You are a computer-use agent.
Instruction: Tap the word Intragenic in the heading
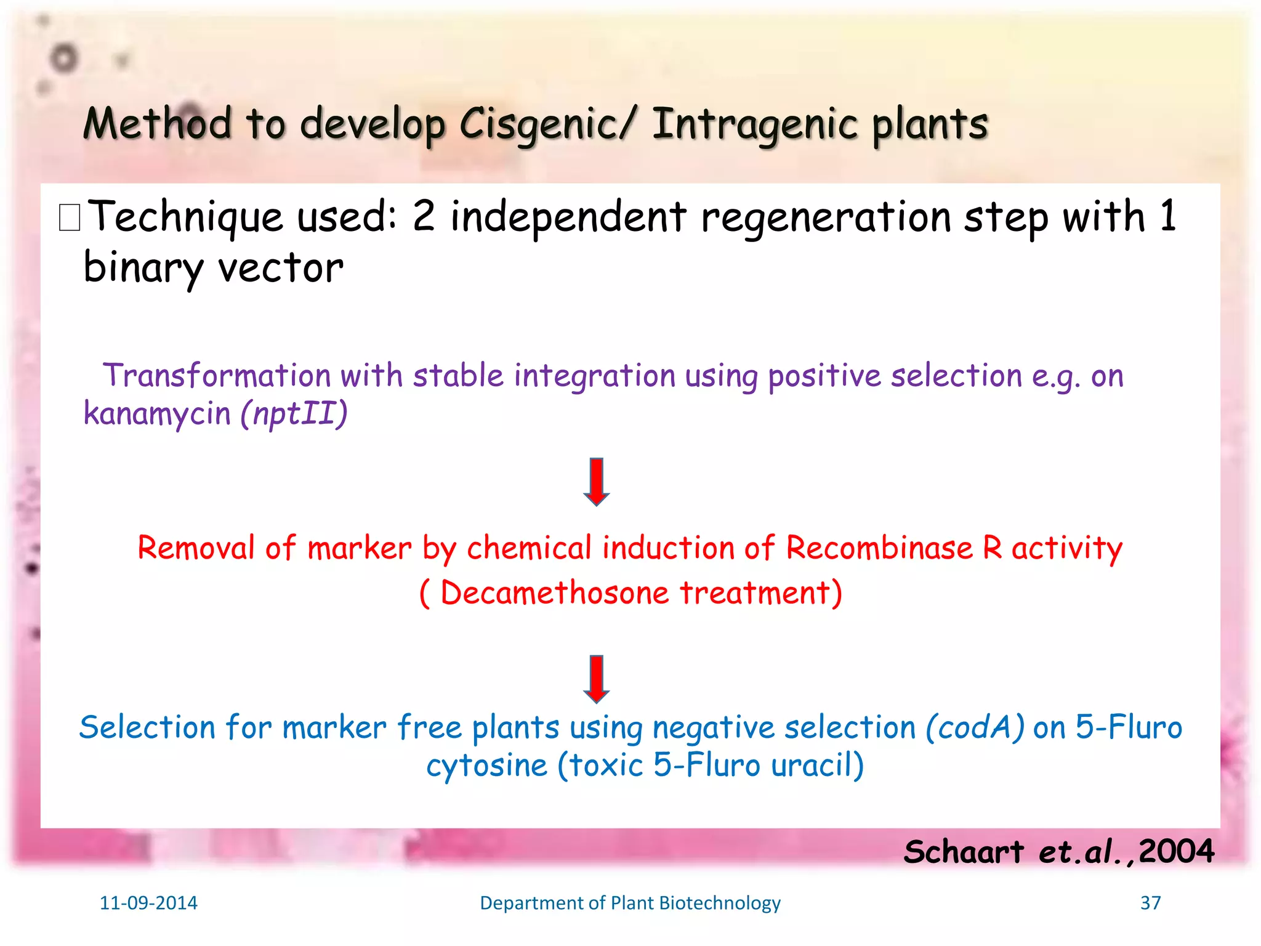coord(754,124)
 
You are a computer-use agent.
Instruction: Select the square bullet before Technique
coord(70,218)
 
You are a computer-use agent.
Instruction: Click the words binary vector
coord(213,269)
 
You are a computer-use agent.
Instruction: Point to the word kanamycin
coord(157,413)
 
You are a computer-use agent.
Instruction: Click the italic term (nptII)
coord(294,413)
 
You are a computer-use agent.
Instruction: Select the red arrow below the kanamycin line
coord(596,482)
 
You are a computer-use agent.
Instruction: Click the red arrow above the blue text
coord(596,679)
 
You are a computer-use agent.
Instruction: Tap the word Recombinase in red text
coord(879,548)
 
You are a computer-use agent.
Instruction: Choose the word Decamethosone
coord(554,593)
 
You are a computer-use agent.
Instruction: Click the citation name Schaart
coord(963,852)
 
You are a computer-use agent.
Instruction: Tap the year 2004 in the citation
coord(1176,852)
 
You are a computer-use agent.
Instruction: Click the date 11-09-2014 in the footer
coord(148,903)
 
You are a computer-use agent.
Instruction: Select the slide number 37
coord(1150,903)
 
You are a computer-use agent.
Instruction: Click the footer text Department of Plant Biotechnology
coord(630,903)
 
